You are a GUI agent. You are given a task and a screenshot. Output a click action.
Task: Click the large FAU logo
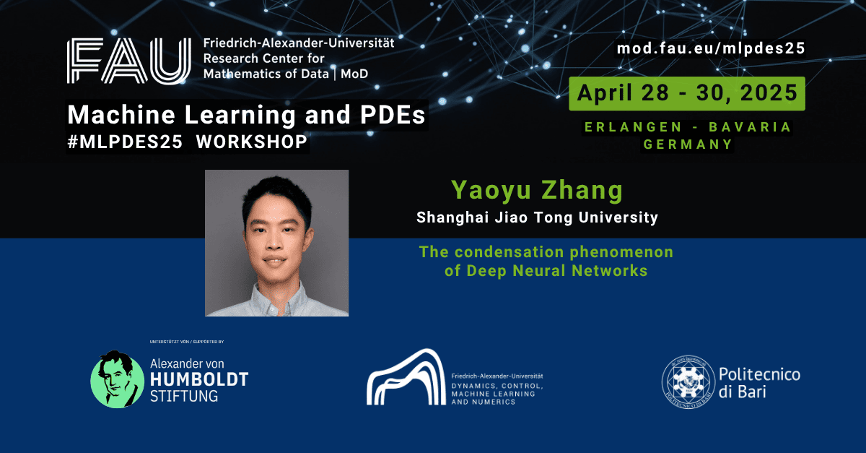tap(129, 61)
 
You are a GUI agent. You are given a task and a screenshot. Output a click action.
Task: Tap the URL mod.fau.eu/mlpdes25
tap(711, 48)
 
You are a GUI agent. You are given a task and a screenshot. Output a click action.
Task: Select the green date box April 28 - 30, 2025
tap(687, 94)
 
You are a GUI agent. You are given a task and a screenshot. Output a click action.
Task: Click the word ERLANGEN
tap(633, 127)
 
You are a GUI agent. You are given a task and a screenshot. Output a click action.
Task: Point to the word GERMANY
tap(688, 144)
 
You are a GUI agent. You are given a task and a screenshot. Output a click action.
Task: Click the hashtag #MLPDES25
tap(125, 142)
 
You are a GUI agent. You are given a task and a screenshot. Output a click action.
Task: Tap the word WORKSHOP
tap(252, 142)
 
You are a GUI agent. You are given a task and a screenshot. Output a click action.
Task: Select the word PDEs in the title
tap(393, 115)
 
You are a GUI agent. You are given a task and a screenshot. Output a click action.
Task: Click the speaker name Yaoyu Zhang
tap(537, 191)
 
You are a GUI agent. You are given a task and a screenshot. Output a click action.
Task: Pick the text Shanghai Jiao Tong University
tap(537, 217)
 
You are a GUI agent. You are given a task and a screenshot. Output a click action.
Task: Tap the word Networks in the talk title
tap(610, 271)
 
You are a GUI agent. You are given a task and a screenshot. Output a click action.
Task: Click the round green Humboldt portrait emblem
tap(117, 379)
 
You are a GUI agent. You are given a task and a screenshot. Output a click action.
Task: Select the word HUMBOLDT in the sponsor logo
tap(199, 380)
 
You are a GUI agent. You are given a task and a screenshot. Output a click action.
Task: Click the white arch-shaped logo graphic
tap(406, 377)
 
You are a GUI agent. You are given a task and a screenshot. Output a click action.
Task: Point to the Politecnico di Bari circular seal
tap(688, 381)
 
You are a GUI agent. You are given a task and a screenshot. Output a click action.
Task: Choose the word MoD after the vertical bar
tap(354, 74)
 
